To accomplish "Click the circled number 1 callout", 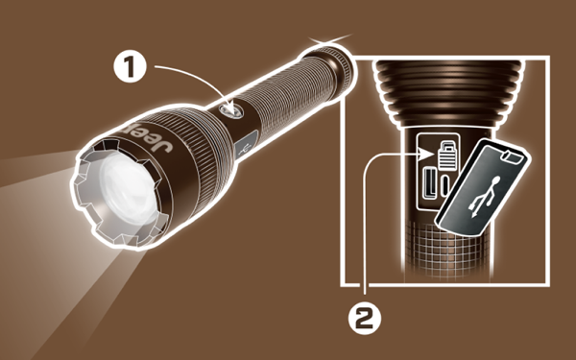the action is (130, 67).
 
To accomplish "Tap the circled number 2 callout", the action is (365, 318).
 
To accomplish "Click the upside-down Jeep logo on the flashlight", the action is (147, 137).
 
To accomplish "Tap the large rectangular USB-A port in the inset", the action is (429, 182).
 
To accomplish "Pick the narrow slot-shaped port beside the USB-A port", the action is (445, 185).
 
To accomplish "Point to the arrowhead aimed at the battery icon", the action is (427, 153).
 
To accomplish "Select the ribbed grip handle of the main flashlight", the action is (285, 93).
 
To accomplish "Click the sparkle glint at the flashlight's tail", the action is (328, 40).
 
